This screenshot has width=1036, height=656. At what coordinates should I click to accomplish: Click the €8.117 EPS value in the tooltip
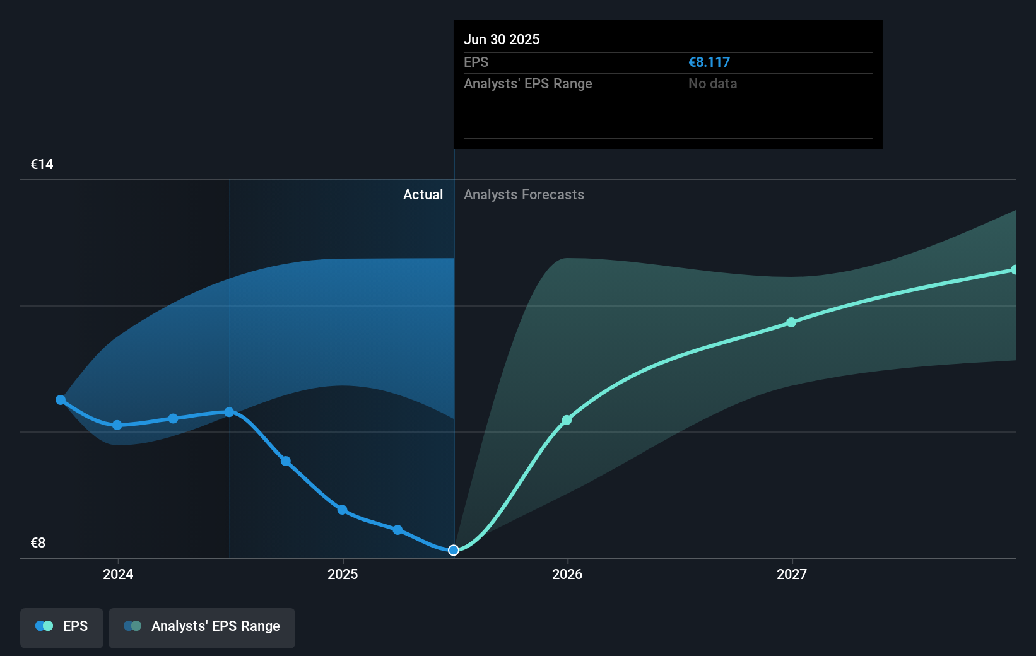coord(709,62)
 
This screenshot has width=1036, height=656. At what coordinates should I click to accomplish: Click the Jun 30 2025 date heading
coord(502,40)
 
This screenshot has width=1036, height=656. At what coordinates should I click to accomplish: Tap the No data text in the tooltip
coord(712,84)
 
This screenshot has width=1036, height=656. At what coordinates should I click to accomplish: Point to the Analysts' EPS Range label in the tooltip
coord(527,84)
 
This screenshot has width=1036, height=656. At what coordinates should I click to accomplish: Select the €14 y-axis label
coord(42,165)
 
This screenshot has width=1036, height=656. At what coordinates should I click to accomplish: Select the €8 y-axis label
coord(38,543)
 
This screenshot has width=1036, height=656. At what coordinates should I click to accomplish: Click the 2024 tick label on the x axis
coord(118,575)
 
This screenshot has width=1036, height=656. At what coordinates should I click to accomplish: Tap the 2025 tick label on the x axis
coord(343,575)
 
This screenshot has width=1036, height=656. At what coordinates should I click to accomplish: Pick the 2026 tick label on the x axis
coord(567,575)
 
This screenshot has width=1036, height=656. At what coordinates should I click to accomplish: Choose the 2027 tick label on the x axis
coord(792,575)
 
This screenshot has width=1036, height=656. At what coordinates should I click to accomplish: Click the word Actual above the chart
coord(423,195)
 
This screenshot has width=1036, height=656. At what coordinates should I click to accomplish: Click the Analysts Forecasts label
coord(524,195)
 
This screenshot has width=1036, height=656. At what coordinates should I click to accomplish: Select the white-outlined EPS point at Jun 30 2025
coord(454,551)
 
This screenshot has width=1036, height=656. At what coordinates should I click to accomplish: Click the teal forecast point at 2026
coord(567,420)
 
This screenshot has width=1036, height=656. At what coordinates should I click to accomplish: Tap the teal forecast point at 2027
coord(791,322)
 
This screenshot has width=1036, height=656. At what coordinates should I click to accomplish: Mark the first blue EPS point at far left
coord(61,400)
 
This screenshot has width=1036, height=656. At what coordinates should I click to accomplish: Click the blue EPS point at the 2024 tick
coord(117,425)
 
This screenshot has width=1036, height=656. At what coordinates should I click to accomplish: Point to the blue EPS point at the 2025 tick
coord(342,510)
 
